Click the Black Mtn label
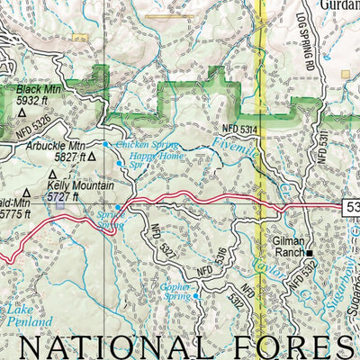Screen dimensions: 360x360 pyautogui.click(x=37, y=91)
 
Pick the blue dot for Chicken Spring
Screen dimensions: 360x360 pyautogui.click(x=105, y=144)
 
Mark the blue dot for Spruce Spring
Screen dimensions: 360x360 pyautogui.click(x=118, y=207)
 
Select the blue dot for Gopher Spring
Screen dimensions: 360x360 pyautogui.click(x=196, y=296)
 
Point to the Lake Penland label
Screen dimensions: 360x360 pyautogui.click(x=27, y=314)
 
